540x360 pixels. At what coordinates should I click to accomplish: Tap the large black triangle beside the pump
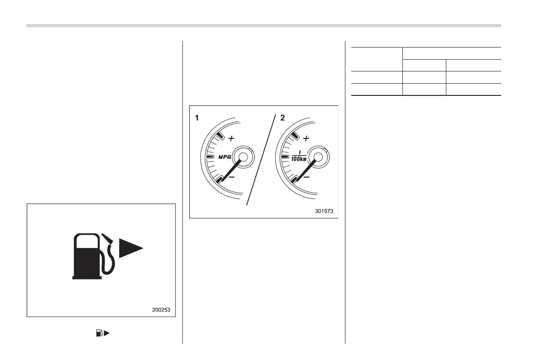[130, 248]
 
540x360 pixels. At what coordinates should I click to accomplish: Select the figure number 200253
[162, 310]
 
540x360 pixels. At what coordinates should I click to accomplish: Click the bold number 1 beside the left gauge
[197, 118]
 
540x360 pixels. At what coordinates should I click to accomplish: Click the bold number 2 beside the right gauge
[283, 118]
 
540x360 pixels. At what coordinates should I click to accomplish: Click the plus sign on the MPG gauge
[231, 138]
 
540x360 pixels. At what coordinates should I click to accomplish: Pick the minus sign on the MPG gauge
[231, 177]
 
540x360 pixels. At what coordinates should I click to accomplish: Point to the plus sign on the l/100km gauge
[306, 138]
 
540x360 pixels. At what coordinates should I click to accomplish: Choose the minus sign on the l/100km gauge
[306, 177]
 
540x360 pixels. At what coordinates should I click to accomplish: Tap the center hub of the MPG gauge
[243, 157]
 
